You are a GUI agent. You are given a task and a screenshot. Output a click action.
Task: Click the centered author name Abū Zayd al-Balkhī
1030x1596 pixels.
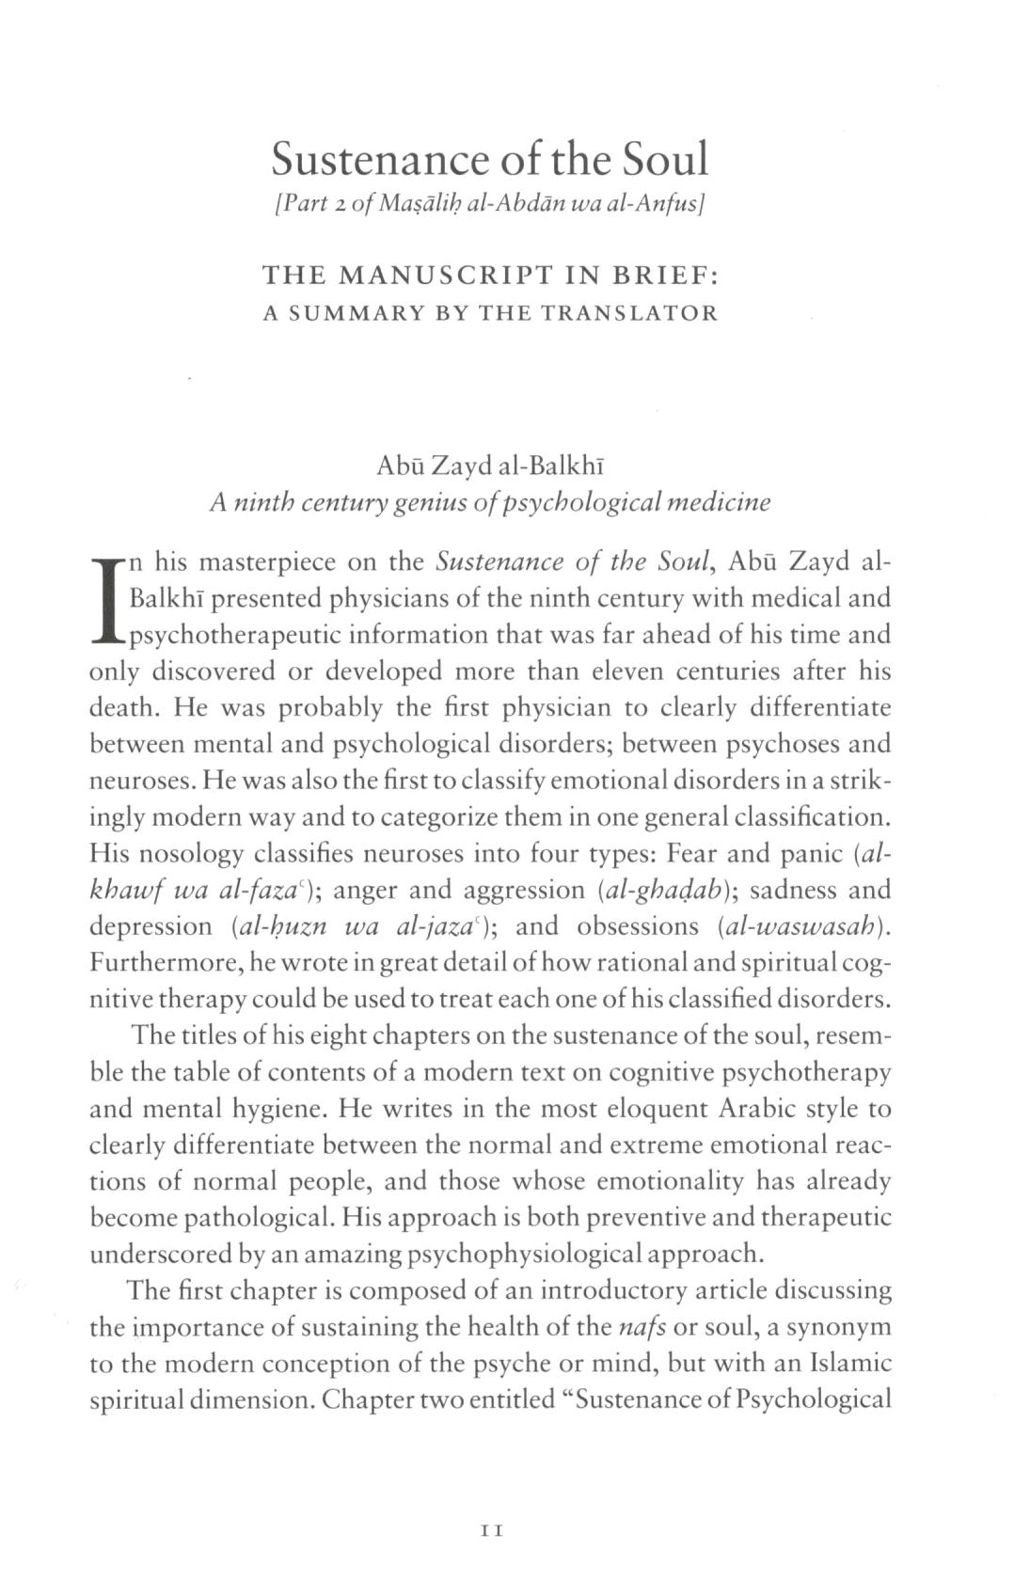(489, 466)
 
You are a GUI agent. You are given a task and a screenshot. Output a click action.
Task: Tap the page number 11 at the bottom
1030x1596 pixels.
(491, 1530)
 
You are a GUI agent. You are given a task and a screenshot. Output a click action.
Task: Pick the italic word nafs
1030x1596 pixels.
(642, 1327)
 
